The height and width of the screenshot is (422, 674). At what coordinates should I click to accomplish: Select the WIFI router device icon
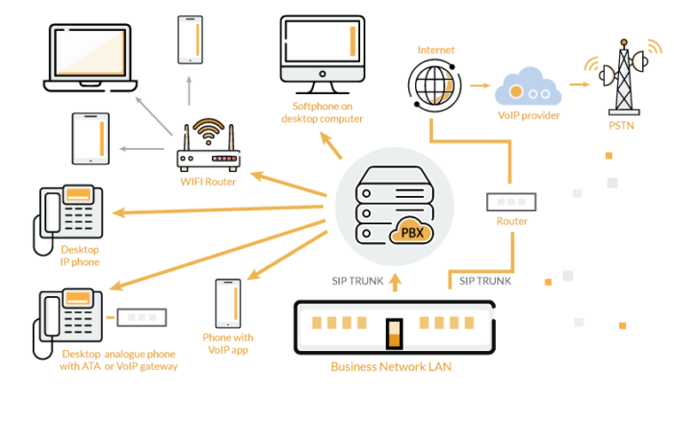208,145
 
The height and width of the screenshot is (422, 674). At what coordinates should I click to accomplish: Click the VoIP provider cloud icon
529,87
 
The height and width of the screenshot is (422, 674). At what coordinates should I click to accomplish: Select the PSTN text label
622,123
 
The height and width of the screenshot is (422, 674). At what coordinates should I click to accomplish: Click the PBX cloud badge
410,234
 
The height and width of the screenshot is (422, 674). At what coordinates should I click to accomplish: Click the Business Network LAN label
391,366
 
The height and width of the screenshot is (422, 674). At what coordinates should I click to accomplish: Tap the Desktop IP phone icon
66,217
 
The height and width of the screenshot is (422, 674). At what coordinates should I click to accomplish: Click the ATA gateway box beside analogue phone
141,316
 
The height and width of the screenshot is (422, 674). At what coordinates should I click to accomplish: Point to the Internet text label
435,49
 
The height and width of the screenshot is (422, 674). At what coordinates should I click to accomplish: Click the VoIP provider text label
529,115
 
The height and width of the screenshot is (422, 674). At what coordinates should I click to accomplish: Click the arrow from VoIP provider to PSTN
579,85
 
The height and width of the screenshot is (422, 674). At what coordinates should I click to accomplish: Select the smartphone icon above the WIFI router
190,39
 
